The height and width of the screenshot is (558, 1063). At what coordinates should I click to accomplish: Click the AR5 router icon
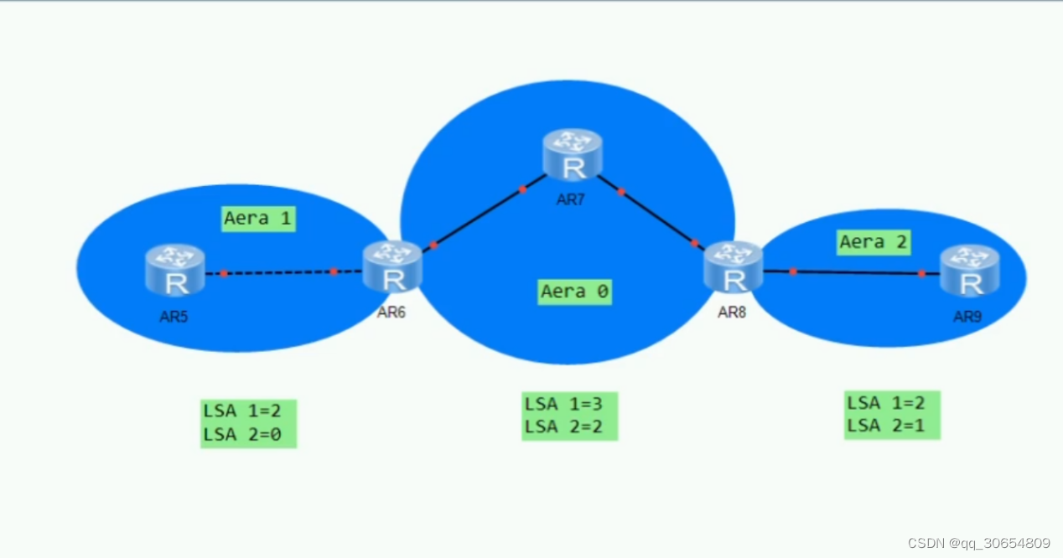point(175,270)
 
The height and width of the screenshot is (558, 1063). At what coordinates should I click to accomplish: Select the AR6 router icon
point(392,266)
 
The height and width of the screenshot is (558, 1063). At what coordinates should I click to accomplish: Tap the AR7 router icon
point(572,154)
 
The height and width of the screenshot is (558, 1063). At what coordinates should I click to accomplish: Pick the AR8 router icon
point(733,266)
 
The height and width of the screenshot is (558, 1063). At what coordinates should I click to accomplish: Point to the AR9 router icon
point(969,270)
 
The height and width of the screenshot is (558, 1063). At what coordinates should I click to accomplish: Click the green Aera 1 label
point(258,219)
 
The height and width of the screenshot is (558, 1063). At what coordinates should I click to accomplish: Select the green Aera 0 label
point(574,292)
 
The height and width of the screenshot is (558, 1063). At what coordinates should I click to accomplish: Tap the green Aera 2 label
point(874,242)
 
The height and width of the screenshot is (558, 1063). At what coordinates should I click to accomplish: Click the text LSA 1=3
point(563,403)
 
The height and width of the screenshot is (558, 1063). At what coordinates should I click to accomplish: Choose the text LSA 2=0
point(241,434)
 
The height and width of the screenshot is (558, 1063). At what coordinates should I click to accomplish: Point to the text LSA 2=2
point(563,426)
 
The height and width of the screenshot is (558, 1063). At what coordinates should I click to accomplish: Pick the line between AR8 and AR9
point(855,272)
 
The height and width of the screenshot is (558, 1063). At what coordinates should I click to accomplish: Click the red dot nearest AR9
point(921,274)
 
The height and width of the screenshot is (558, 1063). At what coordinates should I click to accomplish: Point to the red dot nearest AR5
point(224,273)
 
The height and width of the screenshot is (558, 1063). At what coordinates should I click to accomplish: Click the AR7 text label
point(570,200)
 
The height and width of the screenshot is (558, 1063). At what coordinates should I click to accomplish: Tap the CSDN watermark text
point(979,543)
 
